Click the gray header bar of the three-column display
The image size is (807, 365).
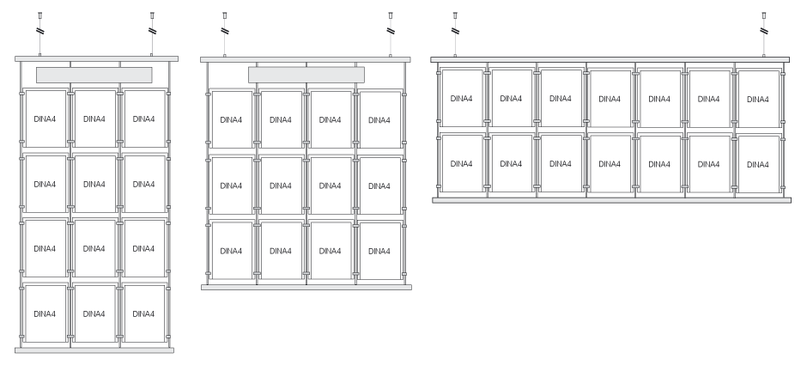click(94, 76)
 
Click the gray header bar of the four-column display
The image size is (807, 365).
click(306, 76)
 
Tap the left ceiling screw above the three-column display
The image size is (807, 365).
click(39, 15)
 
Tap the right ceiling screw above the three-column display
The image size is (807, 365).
click(151, 15)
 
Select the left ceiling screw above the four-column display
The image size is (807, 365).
click(224, 15)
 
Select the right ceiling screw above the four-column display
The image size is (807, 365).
click(390, 15)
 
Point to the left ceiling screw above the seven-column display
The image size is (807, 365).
click(454, 15)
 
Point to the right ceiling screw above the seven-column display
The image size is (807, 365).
click(763, 15)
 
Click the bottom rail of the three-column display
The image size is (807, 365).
click(94, 350)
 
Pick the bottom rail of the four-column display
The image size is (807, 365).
click(306, 286)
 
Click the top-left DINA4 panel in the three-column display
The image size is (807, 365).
click(45, 119)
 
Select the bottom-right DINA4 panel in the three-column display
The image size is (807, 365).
click(143, 313)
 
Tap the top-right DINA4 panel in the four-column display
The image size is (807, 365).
click(380, 120)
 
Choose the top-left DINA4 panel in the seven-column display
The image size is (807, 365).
click(462, 99)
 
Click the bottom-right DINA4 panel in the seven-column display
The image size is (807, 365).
click(758, 163)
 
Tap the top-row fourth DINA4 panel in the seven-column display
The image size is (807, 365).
click(610, 99)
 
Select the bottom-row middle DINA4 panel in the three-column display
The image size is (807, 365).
click(94, 313)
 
